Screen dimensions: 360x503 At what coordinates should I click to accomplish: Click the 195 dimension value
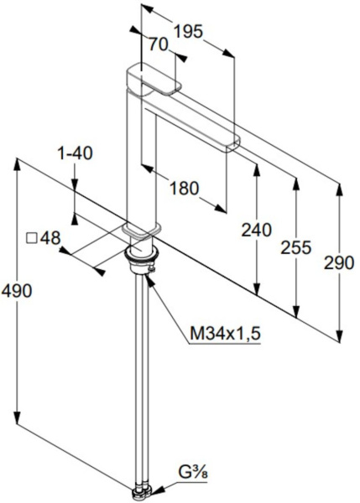[189, 32]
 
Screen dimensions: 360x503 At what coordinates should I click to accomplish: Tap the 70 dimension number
[158, 44]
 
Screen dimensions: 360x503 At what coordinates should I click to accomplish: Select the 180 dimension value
[184, 188]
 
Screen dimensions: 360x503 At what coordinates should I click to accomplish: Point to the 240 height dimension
[256, 230]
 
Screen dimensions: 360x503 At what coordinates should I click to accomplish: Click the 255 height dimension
[295, 247]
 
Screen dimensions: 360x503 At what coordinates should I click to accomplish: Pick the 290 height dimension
[339, 262]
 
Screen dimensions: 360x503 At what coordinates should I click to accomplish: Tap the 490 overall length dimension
[17, 291]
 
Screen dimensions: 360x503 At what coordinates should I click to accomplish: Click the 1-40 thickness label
[75, 153]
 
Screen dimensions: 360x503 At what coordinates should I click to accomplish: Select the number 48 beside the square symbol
[50, 238]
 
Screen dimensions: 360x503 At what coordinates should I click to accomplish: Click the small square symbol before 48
[32, 238]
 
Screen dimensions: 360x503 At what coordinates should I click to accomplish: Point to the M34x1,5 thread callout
[225, 334]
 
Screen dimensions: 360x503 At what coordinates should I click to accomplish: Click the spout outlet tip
[232, 145]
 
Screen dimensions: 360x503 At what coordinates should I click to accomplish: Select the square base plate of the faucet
[141, 231]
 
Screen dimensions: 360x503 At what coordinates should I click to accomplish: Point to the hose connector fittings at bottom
[142, 495]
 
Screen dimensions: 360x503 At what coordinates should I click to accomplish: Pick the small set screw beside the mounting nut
[152, 269]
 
